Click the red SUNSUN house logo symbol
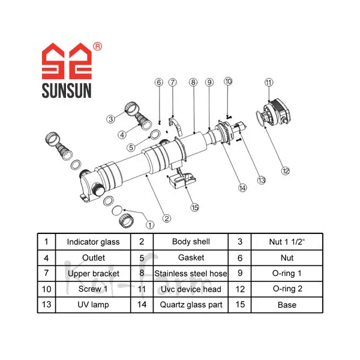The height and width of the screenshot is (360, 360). (x=67, y=61)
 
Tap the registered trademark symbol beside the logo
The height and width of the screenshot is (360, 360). (x=98, y=46)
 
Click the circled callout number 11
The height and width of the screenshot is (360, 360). (x=269, y=82)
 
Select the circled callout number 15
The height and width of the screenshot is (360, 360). (x=194, y=208)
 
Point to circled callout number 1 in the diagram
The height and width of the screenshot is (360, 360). (x=150, y=225)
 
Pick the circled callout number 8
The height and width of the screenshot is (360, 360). (x=193, y=82)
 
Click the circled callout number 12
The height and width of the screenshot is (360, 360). (x=286, y=171)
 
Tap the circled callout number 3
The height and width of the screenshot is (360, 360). (x=111, y=119)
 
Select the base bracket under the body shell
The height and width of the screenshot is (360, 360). (x=182, y=179)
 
